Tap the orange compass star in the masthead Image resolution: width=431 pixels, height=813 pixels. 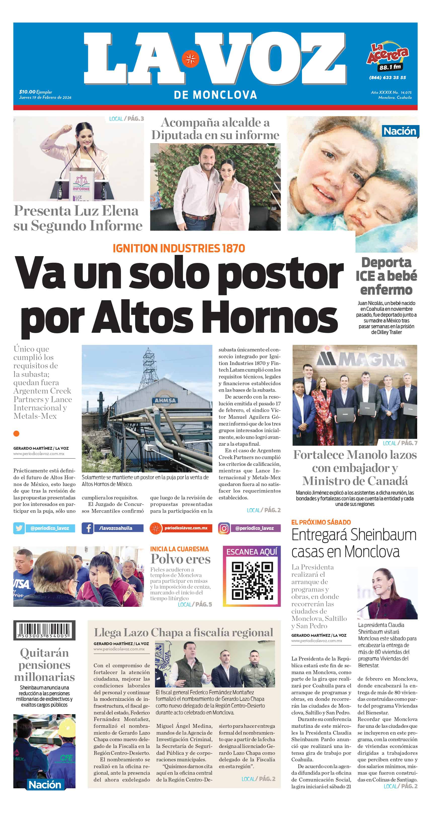tap(190, 59)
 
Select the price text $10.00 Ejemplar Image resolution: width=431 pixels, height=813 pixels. tap(35, 92)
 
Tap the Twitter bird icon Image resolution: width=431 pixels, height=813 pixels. tap(19, 528)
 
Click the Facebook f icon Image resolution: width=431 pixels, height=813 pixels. tap(88, 528)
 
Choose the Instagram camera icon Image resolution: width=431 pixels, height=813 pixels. tap(224, 528)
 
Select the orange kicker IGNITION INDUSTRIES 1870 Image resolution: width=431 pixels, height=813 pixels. tap(179, 248)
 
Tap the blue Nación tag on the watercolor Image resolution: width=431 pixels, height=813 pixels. tap(400, 131)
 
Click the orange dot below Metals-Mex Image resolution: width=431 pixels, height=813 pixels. tap(16, 434)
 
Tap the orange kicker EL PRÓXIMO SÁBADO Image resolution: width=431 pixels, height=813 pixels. tap(321, 522)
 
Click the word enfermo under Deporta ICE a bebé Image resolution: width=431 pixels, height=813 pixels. tap(386, 290)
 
